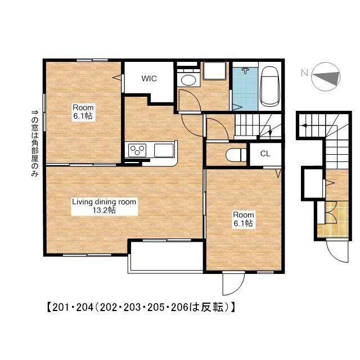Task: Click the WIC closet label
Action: click(x=149, y=79)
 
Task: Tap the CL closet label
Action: click(x=265, y=154)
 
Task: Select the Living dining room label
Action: click(x=104, y=202)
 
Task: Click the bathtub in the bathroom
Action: click(x=270, y=87)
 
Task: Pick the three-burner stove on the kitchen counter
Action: click(x=137, y=150)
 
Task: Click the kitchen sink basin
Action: click(x=164, y=150)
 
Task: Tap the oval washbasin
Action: click(x=188, y=80)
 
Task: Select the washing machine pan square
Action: click(x=215, y=71)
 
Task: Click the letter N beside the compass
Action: click(x=304, y=73)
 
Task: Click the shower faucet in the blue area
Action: click(x=245, y=70)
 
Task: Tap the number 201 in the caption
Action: click(x=61, y=307)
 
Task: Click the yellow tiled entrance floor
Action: click(x=334, y=219)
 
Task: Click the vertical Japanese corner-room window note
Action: click(x=35, y=143)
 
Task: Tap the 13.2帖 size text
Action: click(x=104, y=210)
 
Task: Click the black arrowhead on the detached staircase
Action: click(x=304, y=125)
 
